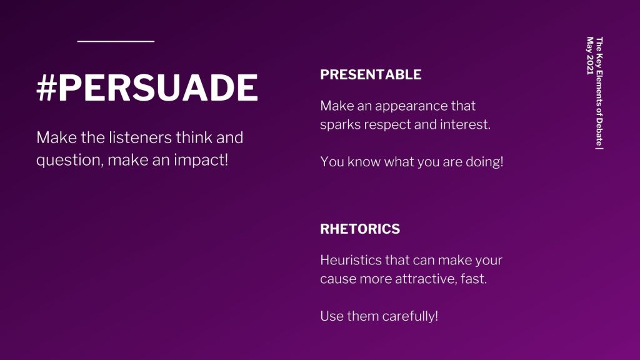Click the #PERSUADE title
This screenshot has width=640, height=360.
pyautogui.click(x=147, y=87)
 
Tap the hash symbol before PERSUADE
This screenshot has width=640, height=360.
pyautogui.click(x=46, y=87)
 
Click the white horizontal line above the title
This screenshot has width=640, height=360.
pyautogui.click(x=116, y=41)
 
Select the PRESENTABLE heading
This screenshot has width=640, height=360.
pyautogui.click(x=371, y=75)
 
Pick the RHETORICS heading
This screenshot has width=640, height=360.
pyautogui.click(x=360, y=229)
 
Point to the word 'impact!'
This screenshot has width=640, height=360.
pyautogui.click(x=201, y=160)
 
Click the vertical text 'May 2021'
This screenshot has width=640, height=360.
pyautogui.click(x=590, y=56)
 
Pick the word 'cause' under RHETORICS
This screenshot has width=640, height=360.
pyautogui.click(x=332, y=279)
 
